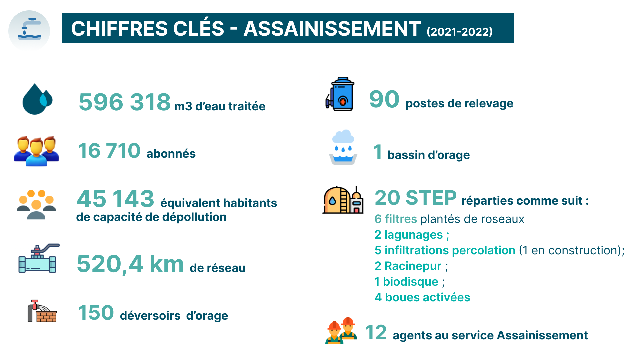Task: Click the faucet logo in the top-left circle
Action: (29, 29)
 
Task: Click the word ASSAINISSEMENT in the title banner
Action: (332, 28)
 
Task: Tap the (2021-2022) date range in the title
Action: (460, 32)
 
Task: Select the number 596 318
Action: (125, 102)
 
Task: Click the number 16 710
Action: (109, 151)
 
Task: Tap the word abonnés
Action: (171, 154)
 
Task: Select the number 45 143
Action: (115, 199)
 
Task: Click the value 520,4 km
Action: (130, 264)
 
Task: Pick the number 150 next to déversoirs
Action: (96, 313)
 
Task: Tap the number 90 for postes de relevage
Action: (384, 99)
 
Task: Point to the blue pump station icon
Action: (340, 94)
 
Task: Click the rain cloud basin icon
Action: (343, 147)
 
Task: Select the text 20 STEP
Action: (416, 198)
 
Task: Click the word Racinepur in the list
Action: (413, 266)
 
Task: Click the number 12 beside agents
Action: (376, 332)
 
